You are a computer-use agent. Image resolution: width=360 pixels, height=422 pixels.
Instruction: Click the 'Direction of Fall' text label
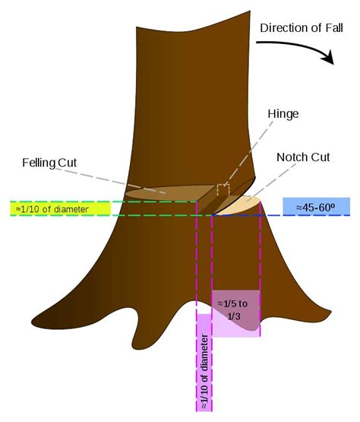tap(301, 29)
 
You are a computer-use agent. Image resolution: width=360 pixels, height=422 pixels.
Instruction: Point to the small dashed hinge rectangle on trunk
tap(223, 189)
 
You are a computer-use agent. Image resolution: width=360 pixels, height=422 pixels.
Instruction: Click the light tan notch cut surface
tap(242, 205)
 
